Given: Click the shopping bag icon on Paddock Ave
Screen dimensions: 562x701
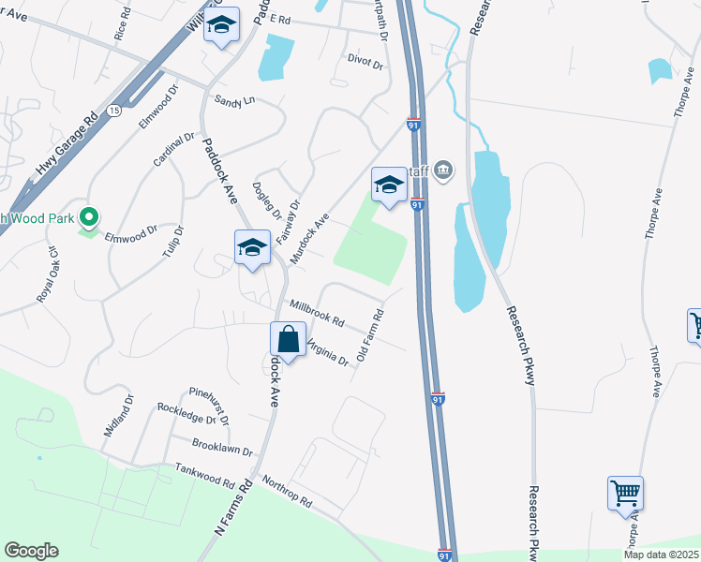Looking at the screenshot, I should pyautogui.click(x=289, y=340).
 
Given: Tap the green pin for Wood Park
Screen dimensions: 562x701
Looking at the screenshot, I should pyautogui.click(x=89, y=218).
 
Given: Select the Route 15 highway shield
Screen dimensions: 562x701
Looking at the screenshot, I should pyautogui.click(x=113, y=111).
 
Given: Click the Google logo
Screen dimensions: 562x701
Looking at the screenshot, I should pyautogui.click(x=31, y=551).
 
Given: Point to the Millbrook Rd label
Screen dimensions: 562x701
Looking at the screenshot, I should pyautogui.click(x=317, y=313).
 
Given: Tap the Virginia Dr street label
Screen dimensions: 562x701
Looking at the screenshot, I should pyautogui.click(x=327, y=351).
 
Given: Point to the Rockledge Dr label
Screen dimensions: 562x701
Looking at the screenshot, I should pyautogui.click(x=186, y=413).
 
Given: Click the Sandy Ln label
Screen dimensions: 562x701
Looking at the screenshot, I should pyautogui.click(x=234, y=99).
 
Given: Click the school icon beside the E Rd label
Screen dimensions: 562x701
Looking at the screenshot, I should pyautogui.click(x=221, y=28).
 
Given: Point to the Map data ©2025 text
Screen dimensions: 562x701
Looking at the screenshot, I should pyautogui.click(x=661, y=555).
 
